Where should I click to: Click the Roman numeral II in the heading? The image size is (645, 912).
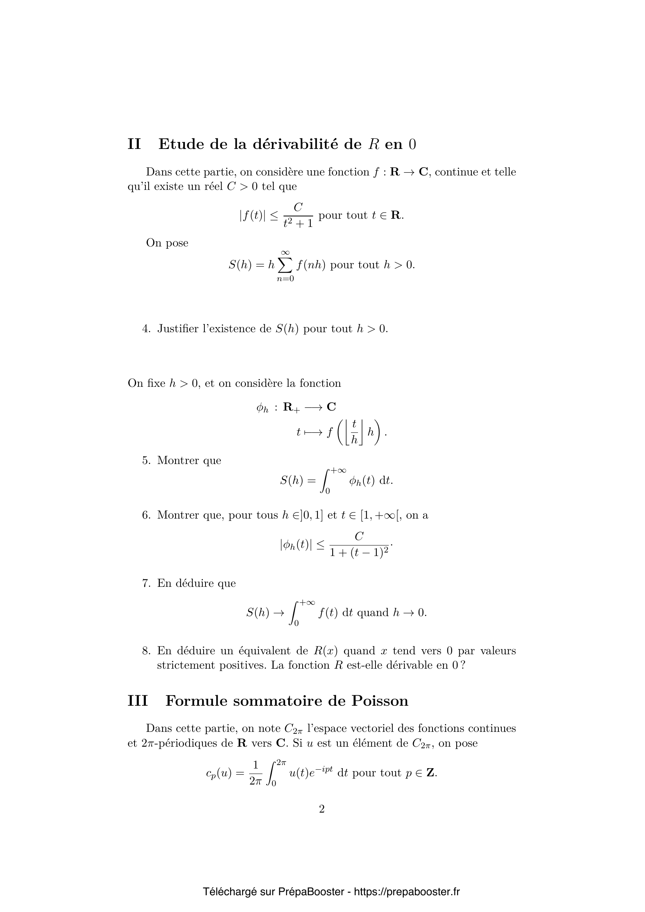click(134, 144)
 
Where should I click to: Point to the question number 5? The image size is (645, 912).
click(146, 460)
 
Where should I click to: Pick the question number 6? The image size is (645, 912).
click(146, 515)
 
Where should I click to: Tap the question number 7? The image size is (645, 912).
click(146, 583)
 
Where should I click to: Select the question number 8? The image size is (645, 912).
click(146, 651)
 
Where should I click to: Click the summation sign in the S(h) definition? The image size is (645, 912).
click(285, 265)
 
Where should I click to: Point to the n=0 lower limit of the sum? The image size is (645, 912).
click(285, 279)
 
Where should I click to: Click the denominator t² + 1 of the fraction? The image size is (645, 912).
click(298, 224)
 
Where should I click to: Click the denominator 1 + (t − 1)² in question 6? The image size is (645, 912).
click(359, 553)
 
